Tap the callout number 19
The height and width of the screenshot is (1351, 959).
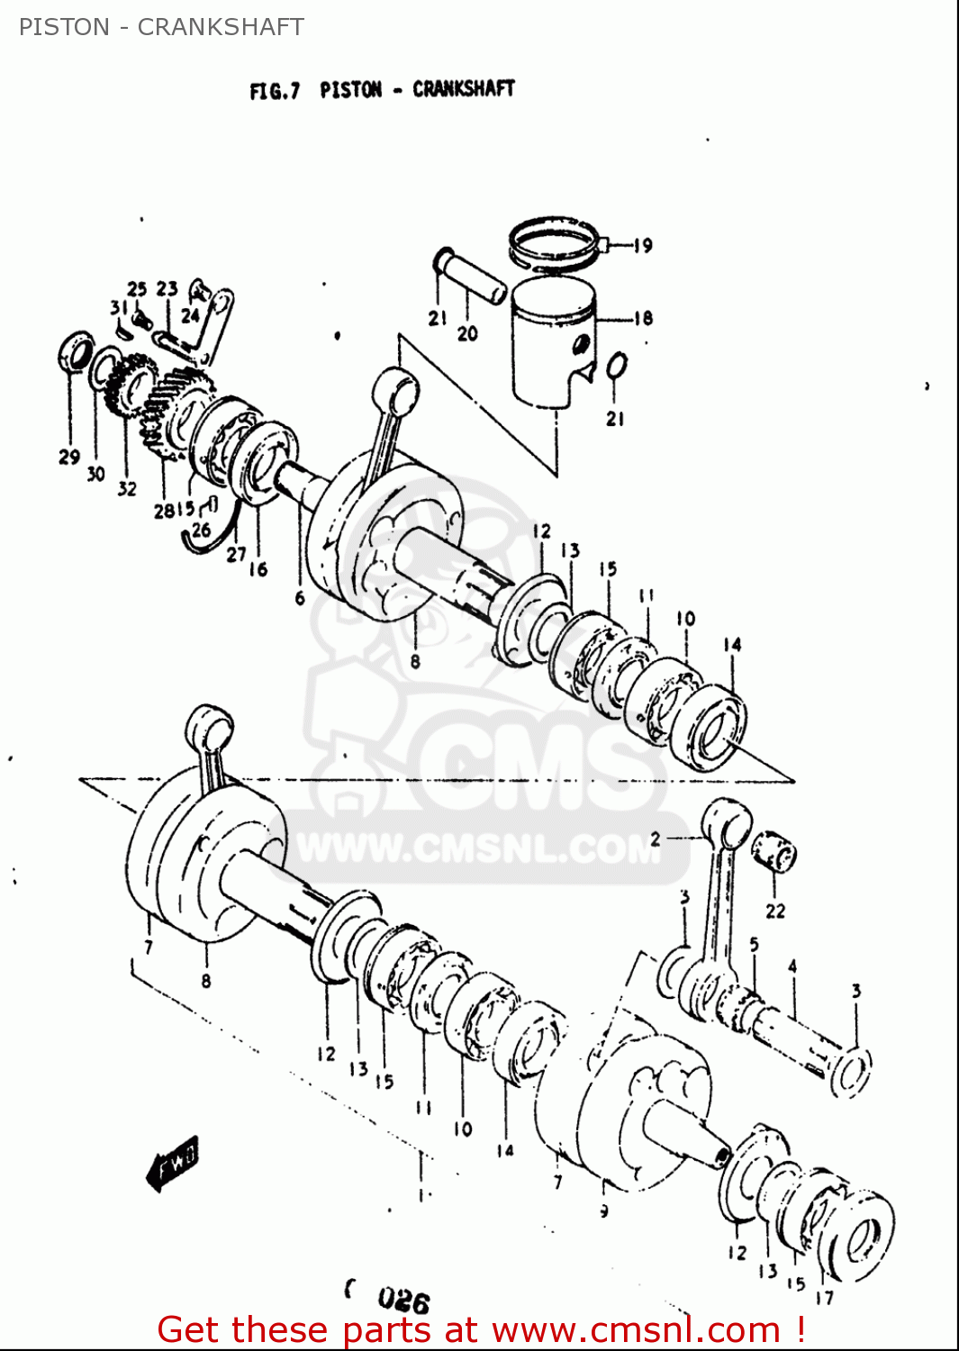642,246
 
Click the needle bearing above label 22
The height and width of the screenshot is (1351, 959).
774,852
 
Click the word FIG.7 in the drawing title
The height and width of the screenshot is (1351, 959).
275,91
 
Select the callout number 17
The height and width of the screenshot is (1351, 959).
824,1297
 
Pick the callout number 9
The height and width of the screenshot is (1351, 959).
604,1211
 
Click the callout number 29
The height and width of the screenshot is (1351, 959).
69,457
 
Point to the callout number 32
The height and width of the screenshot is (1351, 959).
127,488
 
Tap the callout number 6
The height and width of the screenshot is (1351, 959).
300,597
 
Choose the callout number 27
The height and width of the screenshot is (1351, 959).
236,555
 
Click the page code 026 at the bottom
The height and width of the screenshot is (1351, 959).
403,1300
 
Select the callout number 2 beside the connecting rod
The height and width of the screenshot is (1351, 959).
656,839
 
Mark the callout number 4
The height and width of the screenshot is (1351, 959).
792,966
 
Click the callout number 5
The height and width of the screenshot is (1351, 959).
754,944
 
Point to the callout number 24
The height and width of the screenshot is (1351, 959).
190,315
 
